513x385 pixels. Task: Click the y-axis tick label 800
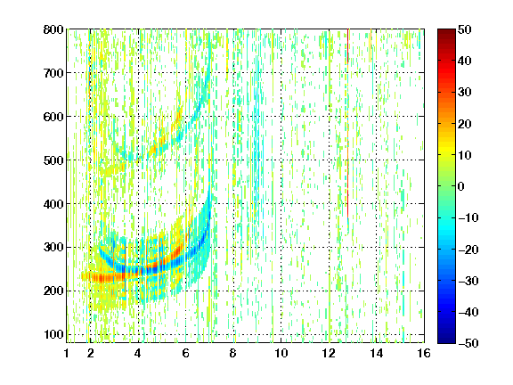click(53, 29)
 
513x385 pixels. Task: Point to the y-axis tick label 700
click(53, 73)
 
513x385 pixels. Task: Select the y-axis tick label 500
click(53, 160)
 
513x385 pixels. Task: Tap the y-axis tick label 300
click(53, 248)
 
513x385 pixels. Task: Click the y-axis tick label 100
click(53, 334)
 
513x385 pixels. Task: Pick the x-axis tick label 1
click(67, 353)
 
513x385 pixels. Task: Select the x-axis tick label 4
click(138, 353)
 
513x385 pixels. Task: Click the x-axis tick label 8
click(232, 353)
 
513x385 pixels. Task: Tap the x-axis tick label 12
click(329, 353)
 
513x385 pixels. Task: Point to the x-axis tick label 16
click(424, 353)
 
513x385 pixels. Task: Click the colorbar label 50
click(465, 29)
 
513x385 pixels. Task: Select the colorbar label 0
click(461, 186)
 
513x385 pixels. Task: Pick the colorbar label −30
click(468, 281)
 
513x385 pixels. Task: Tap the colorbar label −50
click(468, 343)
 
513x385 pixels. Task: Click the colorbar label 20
click(465, 124)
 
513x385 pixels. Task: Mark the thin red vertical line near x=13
click(347, 123)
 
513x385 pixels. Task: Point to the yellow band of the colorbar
click(446, 149)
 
